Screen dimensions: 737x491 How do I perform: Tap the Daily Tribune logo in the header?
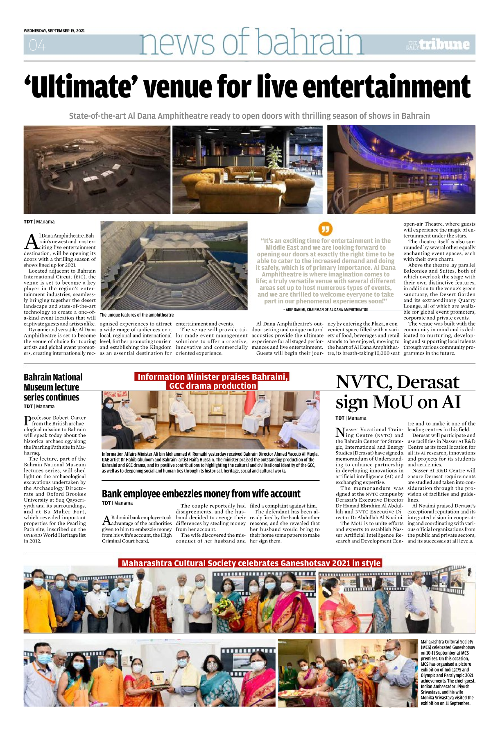pyautogui.click(x=438, y=45)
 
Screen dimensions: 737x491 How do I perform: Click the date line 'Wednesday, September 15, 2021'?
pyautogui.click(x=54, y=31)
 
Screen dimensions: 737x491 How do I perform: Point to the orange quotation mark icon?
pyautogui.click(x=326, y=228)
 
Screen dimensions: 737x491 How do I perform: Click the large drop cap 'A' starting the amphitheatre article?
pyautogui.click(x=31, y=242)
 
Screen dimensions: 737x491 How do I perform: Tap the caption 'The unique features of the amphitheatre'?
pyautogui.click(x=137, y=315)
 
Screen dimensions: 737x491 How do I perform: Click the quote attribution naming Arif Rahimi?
pyautogui.click(x=326, y=310)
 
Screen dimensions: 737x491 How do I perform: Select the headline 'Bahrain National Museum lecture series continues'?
pyautogui.click(x=53, y=387)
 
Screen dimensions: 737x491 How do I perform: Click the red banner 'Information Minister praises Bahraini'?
pyautogui.click(x=212, y=377)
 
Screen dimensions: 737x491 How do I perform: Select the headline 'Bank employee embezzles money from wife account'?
pyautogui.click(x=201, y=494)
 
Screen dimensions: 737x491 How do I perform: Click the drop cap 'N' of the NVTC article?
pyautogui.click(x=340, y=432)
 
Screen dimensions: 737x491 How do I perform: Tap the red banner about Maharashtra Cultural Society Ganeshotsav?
pyautogui.click(x=251, y=563)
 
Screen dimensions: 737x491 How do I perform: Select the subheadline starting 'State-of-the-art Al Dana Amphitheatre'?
pyautogui.click(x=249, y=116)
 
